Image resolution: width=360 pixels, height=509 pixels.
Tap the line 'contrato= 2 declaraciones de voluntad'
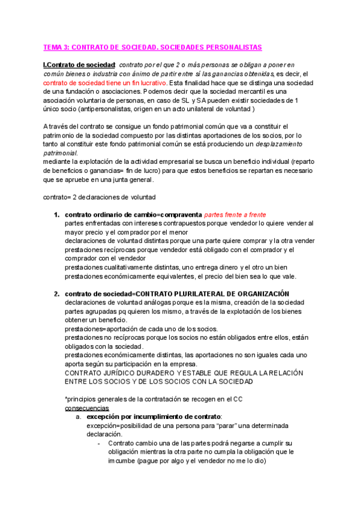click(99, 197)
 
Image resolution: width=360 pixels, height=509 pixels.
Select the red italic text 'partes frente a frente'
click(235, 215)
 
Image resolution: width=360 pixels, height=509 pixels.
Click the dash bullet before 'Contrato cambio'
click(98, 444)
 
